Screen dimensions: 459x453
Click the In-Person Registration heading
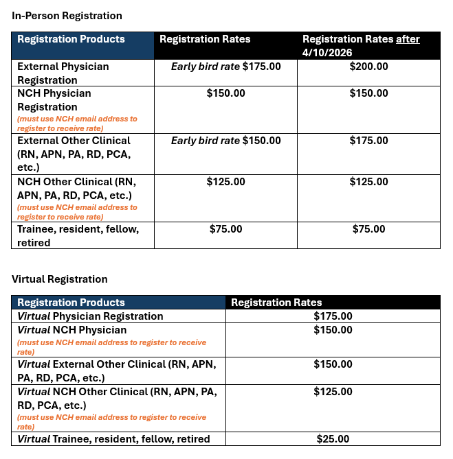(67, 15)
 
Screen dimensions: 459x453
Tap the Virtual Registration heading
(60, 279)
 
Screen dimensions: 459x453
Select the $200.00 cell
(368, 67)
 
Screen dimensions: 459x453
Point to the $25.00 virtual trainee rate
(333, 439)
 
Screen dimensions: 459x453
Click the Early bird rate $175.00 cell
(225, 67)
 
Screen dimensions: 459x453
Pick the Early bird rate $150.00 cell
(225, 141)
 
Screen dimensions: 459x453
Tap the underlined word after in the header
(408, 39)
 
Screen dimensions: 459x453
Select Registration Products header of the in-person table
(71, 39)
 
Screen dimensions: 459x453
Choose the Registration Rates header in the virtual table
(276, 303)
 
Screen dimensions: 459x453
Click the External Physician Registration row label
(63, 73)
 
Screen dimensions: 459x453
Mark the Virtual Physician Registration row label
(90, 316)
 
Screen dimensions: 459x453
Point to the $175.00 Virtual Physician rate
(333, 316)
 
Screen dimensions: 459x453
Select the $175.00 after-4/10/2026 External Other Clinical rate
(368, 141)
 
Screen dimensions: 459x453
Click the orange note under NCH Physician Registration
(77, 123)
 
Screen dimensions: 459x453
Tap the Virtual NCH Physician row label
(72, 330)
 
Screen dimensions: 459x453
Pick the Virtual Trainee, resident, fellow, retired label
(113, 439)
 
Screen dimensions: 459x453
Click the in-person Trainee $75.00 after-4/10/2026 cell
(368, 229)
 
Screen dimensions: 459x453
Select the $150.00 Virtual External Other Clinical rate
(333, 364)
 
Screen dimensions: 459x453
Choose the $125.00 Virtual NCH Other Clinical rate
(333, 392)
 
